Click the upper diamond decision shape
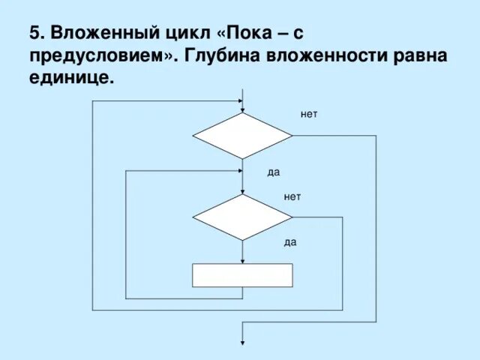coord(242,136)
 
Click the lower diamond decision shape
coord(242,217)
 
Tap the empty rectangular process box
coord(242,275)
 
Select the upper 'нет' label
coord(309,115)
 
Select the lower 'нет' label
coord(292,196)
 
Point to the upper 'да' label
coord(273,172)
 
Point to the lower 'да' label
coord(290,242)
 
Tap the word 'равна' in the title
coord(422,56)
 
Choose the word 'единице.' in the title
coord(73,78)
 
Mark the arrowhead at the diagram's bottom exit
coord(242,343)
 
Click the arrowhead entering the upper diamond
coord(242,109)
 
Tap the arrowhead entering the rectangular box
coord(242,260)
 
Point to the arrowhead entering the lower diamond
coord(242,190)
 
